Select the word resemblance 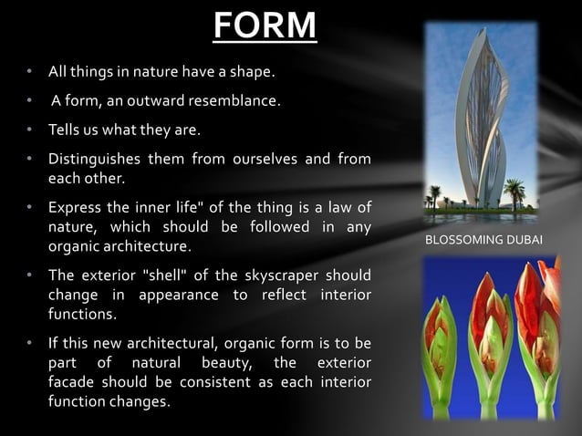228,100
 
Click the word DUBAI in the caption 524,240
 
